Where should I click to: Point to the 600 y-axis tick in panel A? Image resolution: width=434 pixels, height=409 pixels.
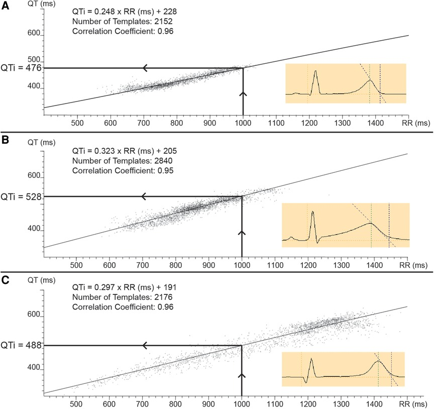click(33, 32)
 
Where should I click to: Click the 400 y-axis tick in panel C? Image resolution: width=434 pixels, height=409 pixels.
click(33, 368)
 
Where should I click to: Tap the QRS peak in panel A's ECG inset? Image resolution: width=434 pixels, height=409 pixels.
click(315, 71)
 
